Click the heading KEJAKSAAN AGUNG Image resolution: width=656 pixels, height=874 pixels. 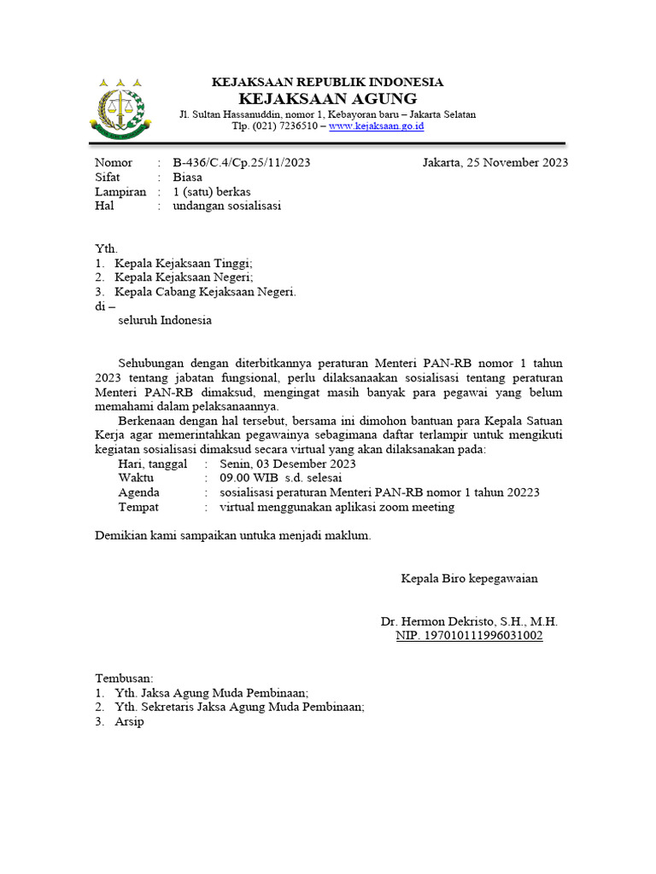[327, 98]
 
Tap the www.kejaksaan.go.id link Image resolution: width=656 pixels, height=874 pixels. [376, 126]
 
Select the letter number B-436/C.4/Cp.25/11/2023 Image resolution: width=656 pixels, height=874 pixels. [241, 163]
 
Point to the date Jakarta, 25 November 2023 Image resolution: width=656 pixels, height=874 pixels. [495, 163]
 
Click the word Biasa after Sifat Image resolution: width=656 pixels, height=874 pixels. [187, 178]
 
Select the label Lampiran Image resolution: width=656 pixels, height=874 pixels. [120, 192]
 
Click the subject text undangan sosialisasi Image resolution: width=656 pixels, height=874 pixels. [226, 206]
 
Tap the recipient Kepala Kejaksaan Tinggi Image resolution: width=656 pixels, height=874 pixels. [184, 264]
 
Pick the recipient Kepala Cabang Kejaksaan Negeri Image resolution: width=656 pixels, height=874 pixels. [206, 292]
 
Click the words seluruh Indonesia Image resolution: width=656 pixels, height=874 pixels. [164, 321]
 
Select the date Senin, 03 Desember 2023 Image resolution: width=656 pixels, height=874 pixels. [288, 463]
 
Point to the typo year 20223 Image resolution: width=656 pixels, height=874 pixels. [522, 492]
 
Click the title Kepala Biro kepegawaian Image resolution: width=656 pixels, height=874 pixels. [469, 579]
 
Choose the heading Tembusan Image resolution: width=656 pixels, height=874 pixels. [123, 679]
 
